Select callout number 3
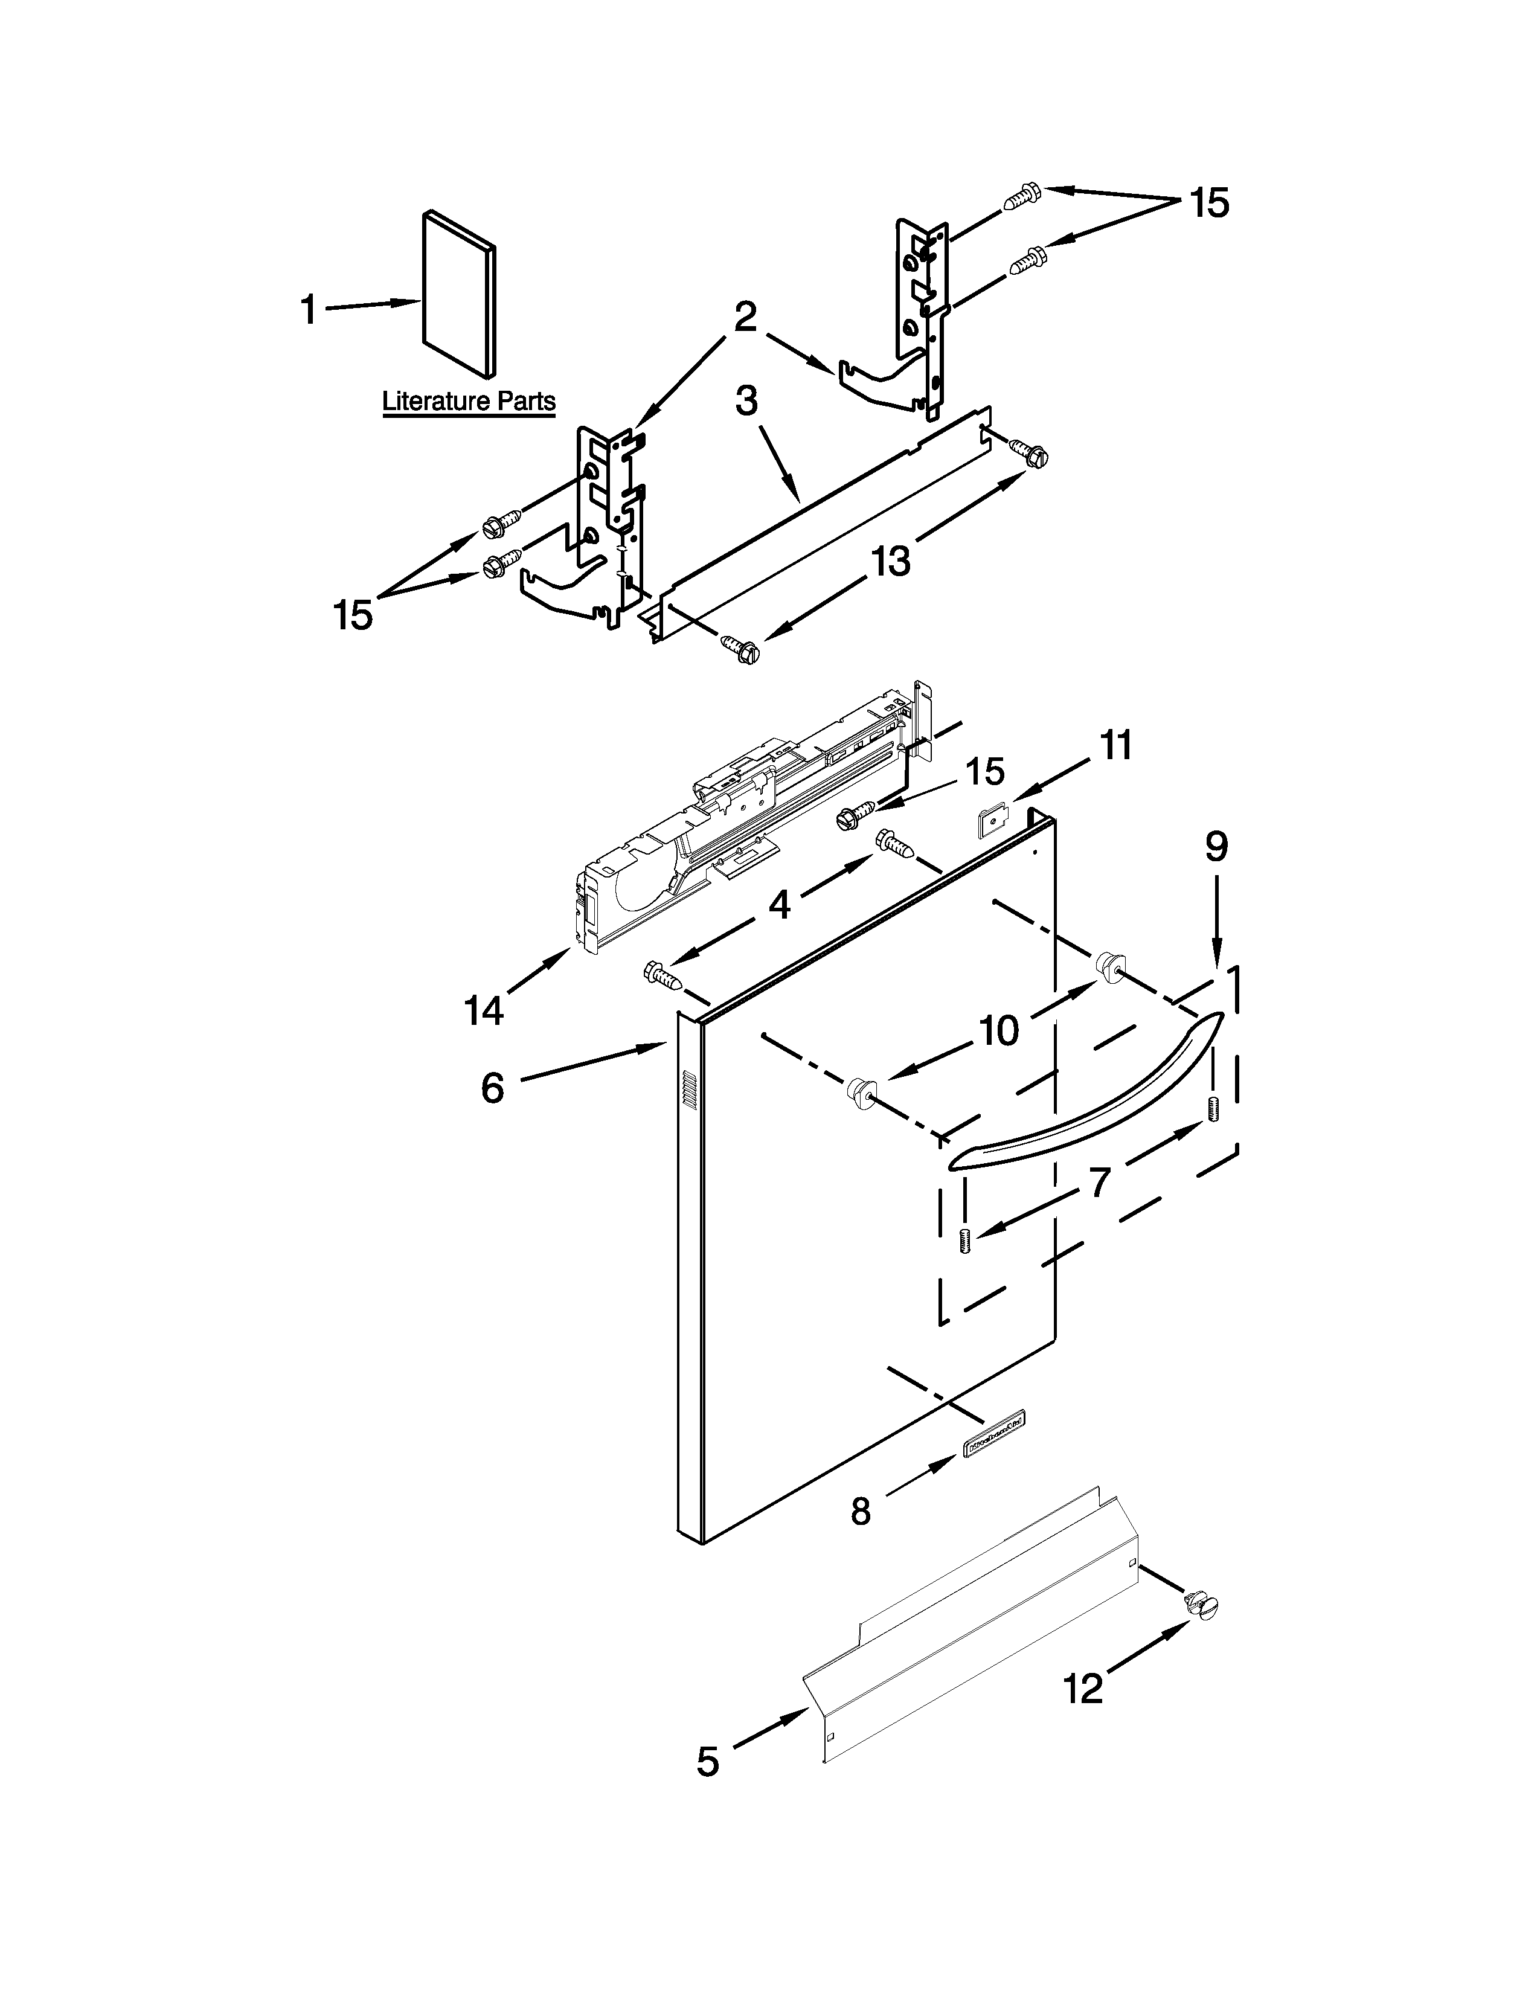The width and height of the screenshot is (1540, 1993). click(x=746, y=400)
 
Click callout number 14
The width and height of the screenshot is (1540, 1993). click(x=484, y=1010)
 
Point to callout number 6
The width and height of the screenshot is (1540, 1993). click(x=493, y=1088)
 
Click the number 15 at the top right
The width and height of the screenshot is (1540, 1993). click(x=1210, y=202)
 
